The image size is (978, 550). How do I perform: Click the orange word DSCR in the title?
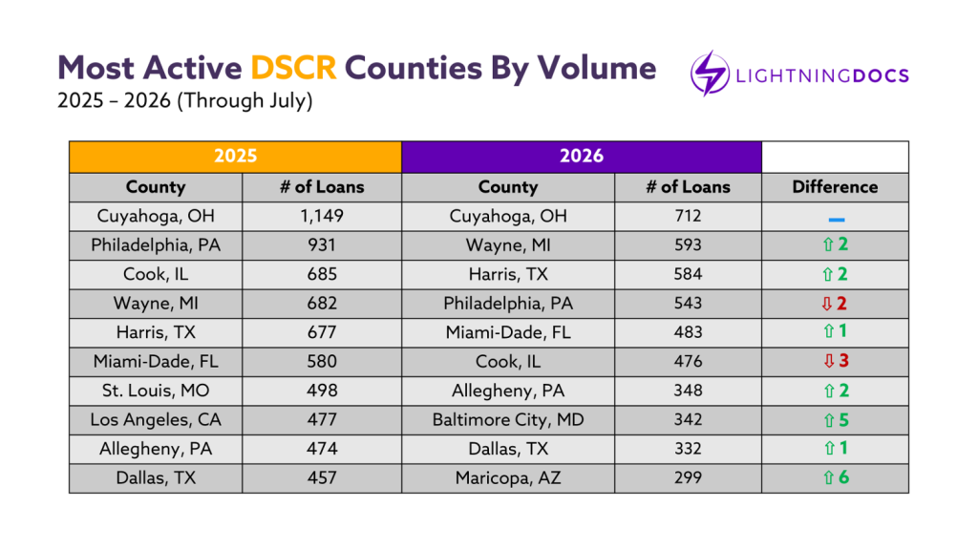coord(293,68)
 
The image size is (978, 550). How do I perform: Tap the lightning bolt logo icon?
coord(710,74)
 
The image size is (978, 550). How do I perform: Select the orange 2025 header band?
coord(235,157)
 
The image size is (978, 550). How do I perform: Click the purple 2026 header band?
coord(582,157)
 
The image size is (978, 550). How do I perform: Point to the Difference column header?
coord(835,187)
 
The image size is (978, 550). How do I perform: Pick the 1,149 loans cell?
coord(322,217)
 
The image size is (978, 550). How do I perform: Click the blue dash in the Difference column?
coord(837,220)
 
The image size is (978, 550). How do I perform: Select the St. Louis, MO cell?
coord(156,391)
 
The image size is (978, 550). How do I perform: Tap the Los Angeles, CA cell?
coord(156,420)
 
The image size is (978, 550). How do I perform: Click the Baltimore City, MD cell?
coord(508,420)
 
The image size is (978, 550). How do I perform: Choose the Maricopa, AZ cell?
coord(508,478)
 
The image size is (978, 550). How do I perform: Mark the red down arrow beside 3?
coord(829,362)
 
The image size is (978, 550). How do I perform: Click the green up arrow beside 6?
coord(828,478)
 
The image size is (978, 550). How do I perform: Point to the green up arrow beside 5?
coord(829,421)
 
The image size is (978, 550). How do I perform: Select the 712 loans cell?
coord(688,217)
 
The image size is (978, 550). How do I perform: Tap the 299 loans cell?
coord(688,478)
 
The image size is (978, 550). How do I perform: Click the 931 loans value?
coord(322,245)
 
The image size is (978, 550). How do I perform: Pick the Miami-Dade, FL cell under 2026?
coord(508,333)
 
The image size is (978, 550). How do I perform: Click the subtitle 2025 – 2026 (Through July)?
coord(184,101)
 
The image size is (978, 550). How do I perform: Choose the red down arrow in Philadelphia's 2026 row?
coord(826,305)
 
